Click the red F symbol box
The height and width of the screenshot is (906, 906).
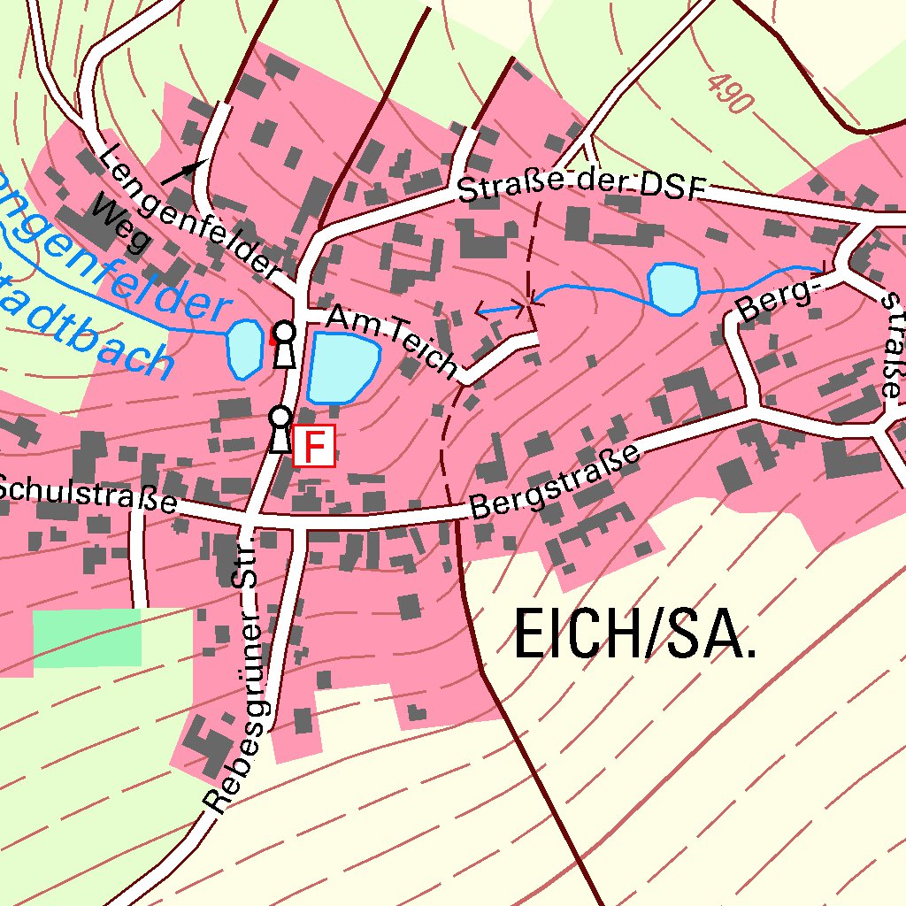pos(314,445)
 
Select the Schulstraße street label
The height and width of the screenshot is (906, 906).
pos(87,495)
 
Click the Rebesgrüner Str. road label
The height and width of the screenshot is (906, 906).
pos(234,672)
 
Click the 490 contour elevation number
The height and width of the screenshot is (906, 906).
pos(731,91)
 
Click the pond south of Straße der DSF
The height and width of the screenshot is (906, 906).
pos(673,288)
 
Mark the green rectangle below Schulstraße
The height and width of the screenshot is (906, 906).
pos(87,636)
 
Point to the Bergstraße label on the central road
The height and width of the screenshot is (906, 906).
pos(555,482)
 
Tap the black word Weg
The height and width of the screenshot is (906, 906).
pos(120,224)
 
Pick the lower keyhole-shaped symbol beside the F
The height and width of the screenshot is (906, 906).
pos(280,429)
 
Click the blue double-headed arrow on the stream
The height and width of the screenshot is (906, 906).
pos(500,309)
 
